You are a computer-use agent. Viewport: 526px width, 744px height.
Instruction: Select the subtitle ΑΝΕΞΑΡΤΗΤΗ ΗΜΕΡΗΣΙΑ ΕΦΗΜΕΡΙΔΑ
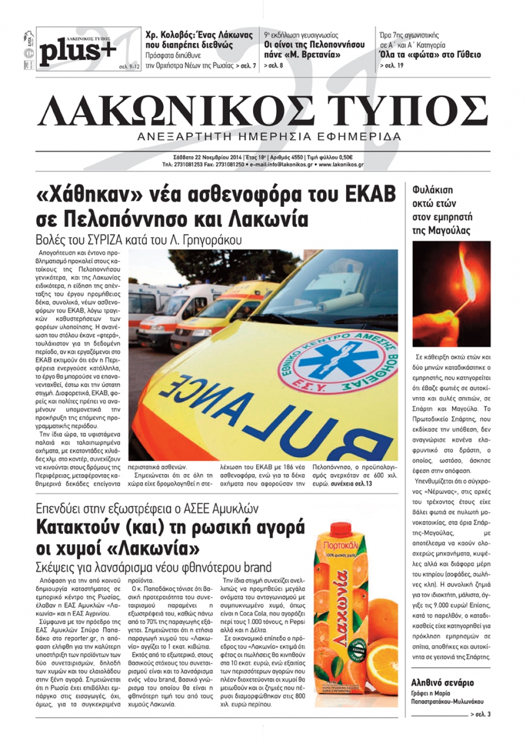269,136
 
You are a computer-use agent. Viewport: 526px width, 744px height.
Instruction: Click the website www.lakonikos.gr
341,164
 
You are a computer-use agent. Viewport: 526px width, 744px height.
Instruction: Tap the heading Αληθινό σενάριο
442,682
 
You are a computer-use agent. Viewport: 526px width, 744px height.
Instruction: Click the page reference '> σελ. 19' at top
392,66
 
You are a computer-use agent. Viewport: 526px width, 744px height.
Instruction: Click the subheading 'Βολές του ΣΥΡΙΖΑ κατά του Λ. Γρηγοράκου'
139,240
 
